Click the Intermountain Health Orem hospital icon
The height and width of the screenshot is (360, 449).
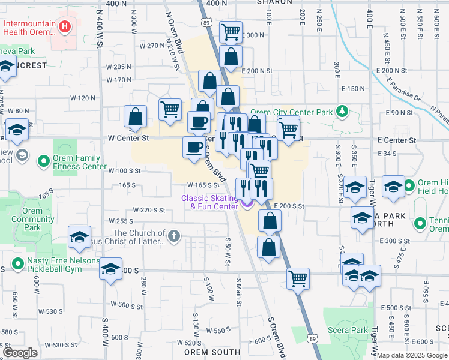pyautogui.click(x=64, y=27)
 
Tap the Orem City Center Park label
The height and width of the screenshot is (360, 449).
pyautogui.click(x=291, y=112)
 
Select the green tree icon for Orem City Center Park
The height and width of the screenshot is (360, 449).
pyautogui.click(x=342, y=111)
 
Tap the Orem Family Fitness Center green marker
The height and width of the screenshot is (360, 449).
pyautogui.click(x=44, y=161)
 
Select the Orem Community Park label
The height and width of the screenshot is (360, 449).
pyautogui.click(x=34, y=219)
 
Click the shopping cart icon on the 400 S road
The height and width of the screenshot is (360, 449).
pyautogui.click(x=298, y=278)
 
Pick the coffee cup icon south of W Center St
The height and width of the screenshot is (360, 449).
pyautogui.click(x=194, y=148)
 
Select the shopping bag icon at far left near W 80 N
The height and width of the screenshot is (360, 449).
pyautogui.click(x=136, y=116)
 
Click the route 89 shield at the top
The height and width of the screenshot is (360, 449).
pyautogui.click(x=206, y=22)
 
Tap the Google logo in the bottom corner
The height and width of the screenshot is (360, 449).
pyautogui.click(x=20, y=353)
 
